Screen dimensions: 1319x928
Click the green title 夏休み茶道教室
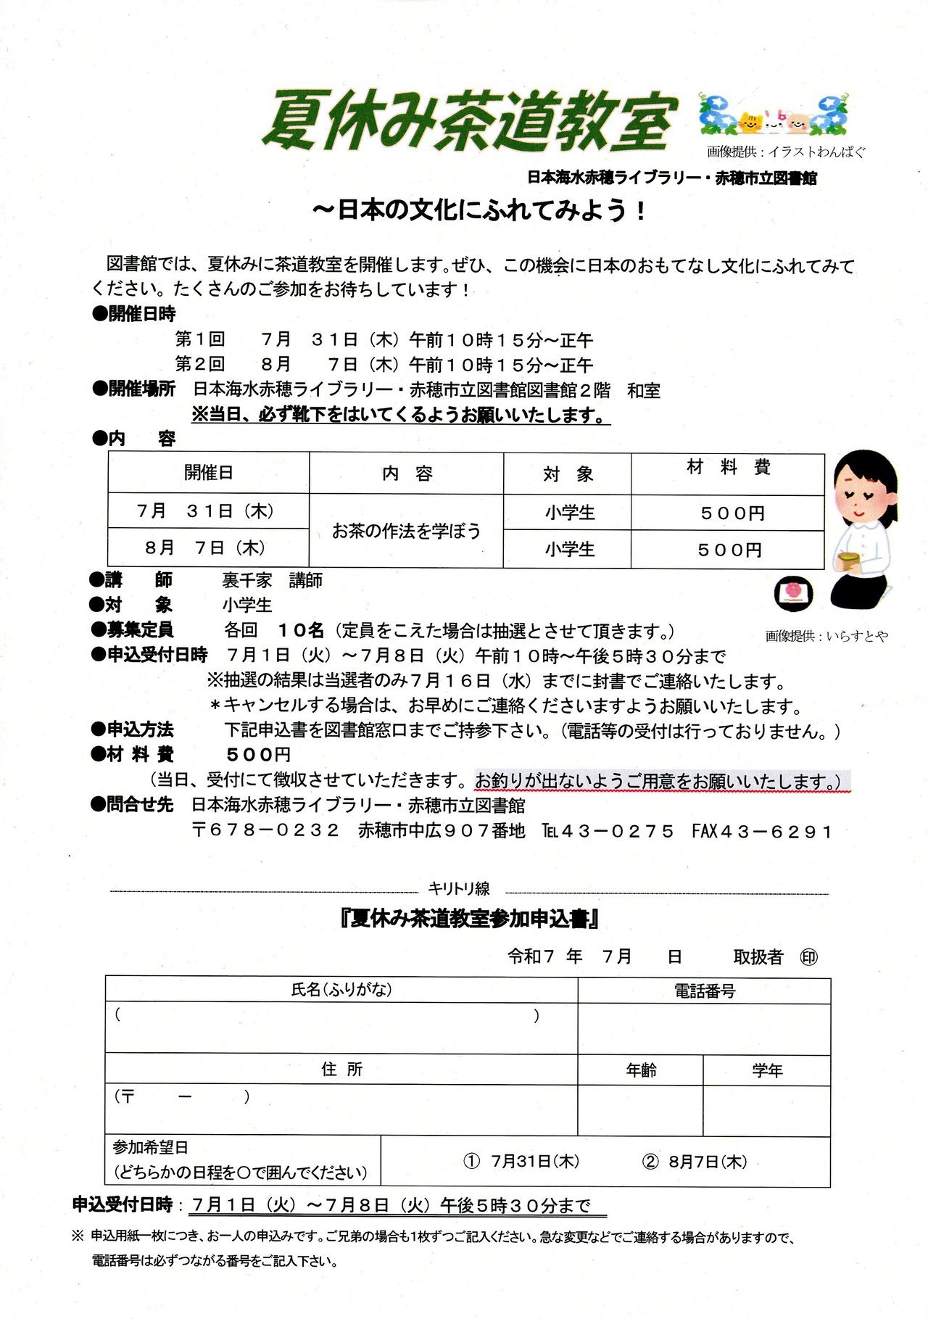click(x=470, y=121)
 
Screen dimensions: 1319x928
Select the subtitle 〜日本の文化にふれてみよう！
click(x=479, y=210)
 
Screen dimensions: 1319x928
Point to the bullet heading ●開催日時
click(x=135, y=314)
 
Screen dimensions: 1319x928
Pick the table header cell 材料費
click(x=727, y=468)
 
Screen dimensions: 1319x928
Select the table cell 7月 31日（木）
click(x=207, y=511)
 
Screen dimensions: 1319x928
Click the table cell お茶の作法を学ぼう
click(x=406, y=532)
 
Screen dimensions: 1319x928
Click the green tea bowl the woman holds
click(x=846, y=562)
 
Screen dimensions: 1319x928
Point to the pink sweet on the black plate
click(x=792, y=591)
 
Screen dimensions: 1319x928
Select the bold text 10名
click(x=301, y=630)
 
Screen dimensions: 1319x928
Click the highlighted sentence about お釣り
click(x=661, y=781)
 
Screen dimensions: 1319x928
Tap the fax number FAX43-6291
click(x=761, y=831)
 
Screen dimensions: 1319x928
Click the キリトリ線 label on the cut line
click(x=459, y=888)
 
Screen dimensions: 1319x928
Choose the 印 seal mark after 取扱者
click(x=808, y=957)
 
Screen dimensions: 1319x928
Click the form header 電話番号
click(x=704, y=991)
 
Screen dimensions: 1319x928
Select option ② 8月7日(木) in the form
click(x=695, y=1161)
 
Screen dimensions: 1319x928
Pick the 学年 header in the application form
click(x=766, y=1070)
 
